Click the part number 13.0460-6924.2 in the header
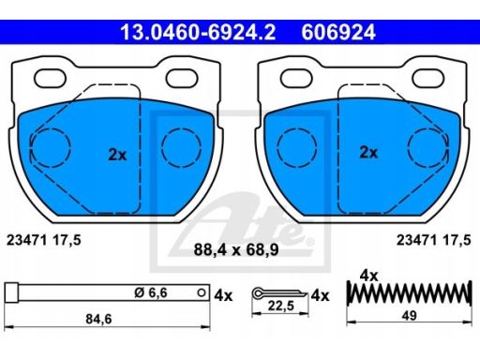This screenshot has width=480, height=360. point(198,32)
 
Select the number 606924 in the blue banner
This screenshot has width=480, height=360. point(338,32)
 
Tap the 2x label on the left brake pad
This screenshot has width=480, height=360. point(117,155)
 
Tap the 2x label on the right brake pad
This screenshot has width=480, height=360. point(368,153)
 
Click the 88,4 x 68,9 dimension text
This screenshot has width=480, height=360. point(236,249)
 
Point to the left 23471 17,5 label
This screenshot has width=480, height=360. point(44,240)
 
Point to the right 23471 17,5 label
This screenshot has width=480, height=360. point(433,240)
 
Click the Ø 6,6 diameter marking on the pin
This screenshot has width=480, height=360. point(151,292)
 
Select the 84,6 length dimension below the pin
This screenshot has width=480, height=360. point(98,319)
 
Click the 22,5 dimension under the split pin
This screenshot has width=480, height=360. point(281,306)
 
